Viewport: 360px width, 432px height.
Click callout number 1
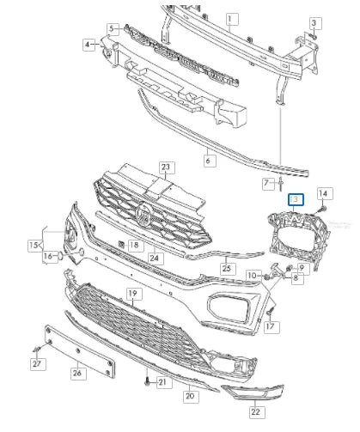pyautogui.click(x=230, y=18)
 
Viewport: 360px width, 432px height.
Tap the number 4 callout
pyautogui.click(x=89, y=43)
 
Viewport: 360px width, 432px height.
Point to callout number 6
pyautogui.click(x=208, y=160)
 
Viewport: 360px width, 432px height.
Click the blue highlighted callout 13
pyautogui.click(x=295, y=200)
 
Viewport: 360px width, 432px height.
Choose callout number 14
pyautogui.click(x=325, y=193)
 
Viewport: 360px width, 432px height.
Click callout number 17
pyautogui.click(x=272, y=326)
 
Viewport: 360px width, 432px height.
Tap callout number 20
pyautogui.click(x=190, y=397)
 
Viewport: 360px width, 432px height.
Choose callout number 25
pyautogui.click(x=227, y=269)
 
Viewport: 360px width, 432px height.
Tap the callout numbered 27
pyautogui.click(x=37, y=365)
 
